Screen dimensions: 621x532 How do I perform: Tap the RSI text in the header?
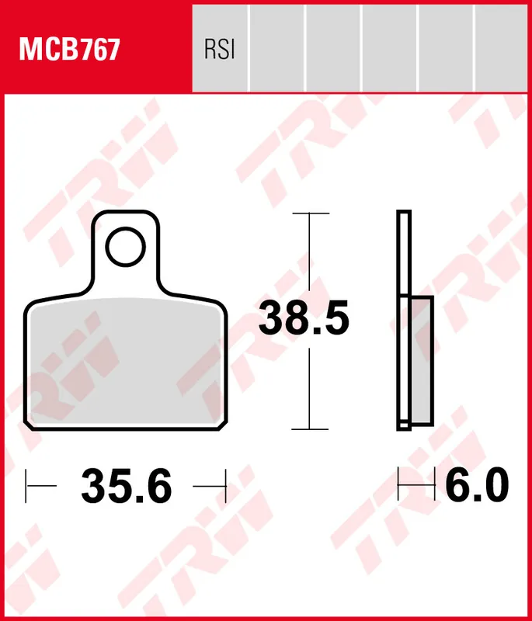click(219, 50)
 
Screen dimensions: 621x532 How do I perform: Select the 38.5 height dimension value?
click(304, 319)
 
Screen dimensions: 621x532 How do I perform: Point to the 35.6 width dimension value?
click(126, 487)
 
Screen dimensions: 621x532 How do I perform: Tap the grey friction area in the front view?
click(126, 361)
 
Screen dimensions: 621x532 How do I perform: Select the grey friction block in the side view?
click(420, 361)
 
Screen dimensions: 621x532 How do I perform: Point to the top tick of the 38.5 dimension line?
click(310, 212)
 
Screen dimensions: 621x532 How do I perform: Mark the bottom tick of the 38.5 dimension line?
click(310, 428)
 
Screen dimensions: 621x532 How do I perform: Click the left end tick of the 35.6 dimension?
click(26, 486)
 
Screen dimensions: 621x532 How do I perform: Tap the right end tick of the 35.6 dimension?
click(225, 486)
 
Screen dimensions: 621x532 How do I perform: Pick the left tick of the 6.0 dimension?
click(398, 486)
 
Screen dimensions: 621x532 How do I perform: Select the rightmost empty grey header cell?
click(501, 47)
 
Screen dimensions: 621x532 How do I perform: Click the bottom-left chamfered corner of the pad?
click(30, 422)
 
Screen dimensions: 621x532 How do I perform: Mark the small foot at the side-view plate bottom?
click(403, 425)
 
